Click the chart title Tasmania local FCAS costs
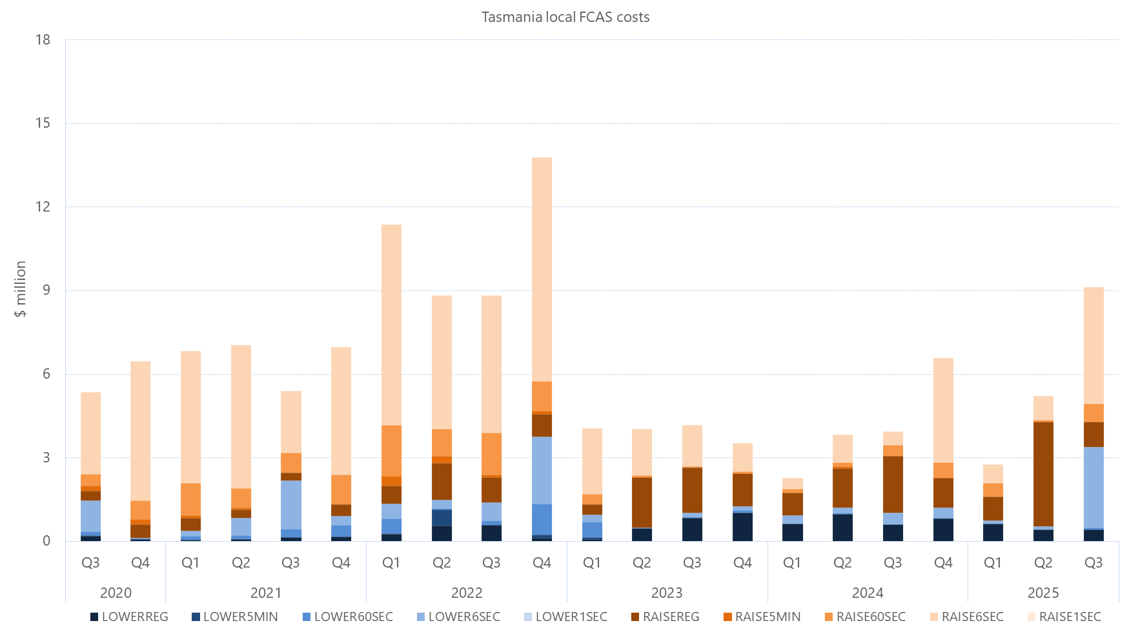[565, 17]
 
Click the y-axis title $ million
[21, 289]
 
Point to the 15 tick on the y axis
[43, 123]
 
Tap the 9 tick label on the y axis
[46, 290]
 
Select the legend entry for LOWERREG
[129, 617]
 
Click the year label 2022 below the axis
[467, 593]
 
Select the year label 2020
[116, 593]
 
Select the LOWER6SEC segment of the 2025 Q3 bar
[1093, 487]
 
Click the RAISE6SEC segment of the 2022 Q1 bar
[391, 325]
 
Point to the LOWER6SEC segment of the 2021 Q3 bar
[290, 505]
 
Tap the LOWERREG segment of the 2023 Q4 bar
[742, 527]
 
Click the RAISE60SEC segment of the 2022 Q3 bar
[491, 454]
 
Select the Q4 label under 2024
[943, 563]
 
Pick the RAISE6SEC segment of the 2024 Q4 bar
[943, 410]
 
